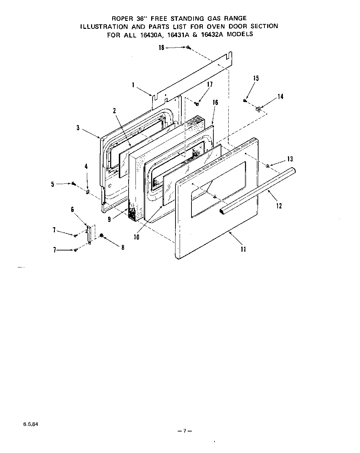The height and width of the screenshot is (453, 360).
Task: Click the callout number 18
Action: point(162,48)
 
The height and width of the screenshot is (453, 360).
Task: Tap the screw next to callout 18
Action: point(188,48)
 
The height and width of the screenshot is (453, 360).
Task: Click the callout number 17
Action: point(210,84)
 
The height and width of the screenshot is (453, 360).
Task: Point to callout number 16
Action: point(215,102)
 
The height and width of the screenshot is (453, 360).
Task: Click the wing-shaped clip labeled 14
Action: point(259,109)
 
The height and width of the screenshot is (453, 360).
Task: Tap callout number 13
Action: point(290,159)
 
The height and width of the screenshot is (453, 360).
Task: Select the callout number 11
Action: point(243,249)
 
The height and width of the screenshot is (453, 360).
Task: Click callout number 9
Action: point(109,220)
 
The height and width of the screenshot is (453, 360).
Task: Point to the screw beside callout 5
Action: point(74,184)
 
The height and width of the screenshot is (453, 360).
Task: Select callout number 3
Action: point(78,128)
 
